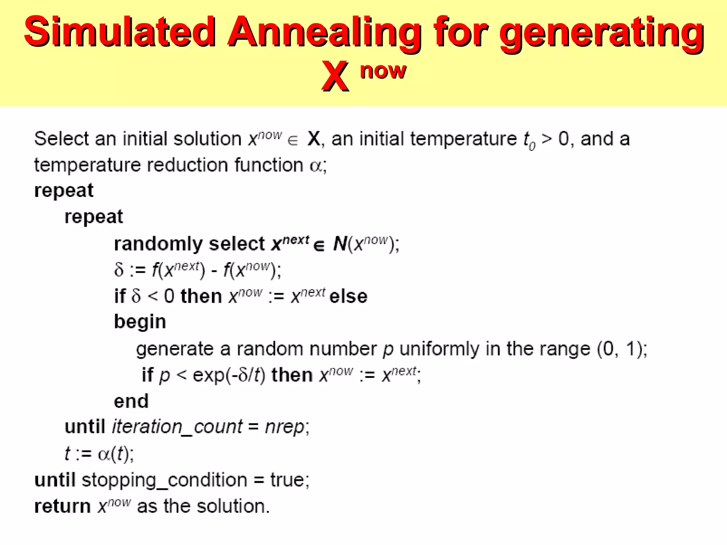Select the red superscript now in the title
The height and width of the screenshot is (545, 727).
pyautogui.click(x=383, y=71)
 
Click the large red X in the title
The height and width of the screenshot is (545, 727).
pyautogui.click(x=335, y=76)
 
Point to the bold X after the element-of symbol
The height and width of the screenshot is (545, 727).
pyautogui.click(x=314, y=138)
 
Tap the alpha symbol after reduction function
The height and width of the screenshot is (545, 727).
pyautogui.click(x=316, y=166)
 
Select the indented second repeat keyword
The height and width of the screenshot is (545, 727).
pyautogui.click(x=94, y=217)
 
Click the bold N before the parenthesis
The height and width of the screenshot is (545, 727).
pyautogui.click(x=340, y=244)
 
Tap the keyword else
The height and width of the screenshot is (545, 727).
pyautogui.click(x=348, y=296)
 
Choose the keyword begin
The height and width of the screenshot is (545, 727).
pyautogui.click(x=140, y=322)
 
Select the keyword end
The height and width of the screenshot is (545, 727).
pyautogui.click(x=131, y=401)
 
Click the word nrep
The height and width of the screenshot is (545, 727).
pyautogui.click(x=284, y=427)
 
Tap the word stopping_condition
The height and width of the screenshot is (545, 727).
pyautogui.click(x=164, y=480)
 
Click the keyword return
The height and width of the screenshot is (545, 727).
pyautogui.click(x=62, y=506)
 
